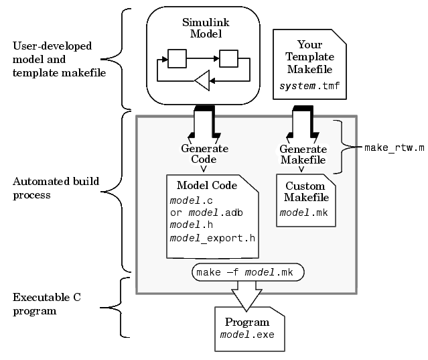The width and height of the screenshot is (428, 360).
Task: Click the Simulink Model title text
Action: pos(201,27)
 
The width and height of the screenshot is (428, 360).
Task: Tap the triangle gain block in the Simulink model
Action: pos(202,82)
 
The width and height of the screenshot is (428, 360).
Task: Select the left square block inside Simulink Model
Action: pos(176,59)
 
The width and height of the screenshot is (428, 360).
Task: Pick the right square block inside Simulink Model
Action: pos(228,59)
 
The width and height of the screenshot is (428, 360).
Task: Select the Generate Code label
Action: pos(204,154)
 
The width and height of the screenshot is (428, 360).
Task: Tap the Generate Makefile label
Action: pos(303,154)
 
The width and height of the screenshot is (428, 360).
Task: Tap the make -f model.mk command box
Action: pos(248,272)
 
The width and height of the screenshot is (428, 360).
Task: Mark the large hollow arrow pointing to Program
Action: pos(247,295)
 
